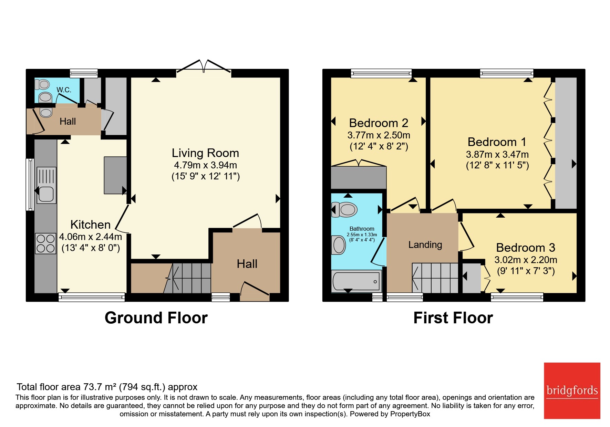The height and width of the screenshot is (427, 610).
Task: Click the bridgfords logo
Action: (x=572, y=390)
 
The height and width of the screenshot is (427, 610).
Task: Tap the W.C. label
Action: (x=64, y=90)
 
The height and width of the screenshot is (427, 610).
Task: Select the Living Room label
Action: (x=205, y=153)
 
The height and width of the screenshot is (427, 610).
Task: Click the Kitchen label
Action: (x=90, y=225)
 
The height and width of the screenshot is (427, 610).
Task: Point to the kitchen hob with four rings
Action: (x=45, y=243)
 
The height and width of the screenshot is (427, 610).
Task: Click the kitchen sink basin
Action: (x=46, y=194)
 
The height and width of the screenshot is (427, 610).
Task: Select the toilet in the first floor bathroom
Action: (x=344, y=209)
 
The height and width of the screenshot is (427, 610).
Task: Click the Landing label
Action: (x=425, y=244)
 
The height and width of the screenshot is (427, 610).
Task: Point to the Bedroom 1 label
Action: (x=497, y=142)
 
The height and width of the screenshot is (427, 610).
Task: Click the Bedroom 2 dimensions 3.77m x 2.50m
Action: (x=379, y=135)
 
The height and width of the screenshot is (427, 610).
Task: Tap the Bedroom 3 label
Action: (x=526, y=248)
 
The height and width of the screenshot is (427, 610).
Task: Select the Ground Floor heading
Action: (x=156, y=318)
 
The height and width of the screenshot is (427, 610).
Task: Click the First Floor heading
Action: (x=453, y=318)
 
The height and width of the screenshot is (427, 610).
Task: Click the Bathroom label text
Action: (x=362, y=229)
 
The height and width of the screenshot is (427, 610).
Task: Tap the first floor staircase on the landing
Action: (x=435, y=278)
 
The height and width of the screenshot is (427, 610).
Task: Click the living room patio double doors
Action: (x=204, y=66)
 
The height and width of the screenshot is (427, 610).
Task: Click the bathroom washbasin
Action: (x=339, y=245)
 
